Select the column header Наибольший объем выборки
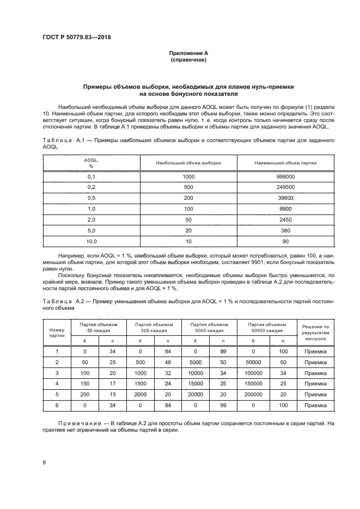188,163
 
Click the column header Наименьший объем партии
286,163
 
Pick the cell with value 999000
286,177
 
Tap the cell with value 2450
286,219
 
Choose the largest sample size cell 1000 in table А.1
188,177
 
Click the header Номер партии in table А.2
57,333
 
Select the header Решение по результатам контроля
315,332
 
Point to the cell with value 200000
253,394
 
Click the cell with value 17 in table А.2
113,383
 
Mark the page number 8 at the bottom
44,463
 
